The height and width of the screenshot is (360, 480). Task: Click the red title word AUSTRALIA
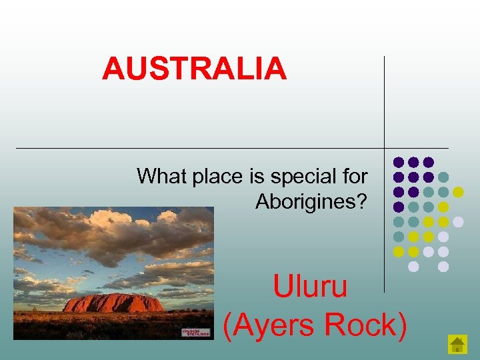click(x=194, y=69)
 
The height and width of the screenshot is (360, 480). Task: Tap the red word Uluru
click(x=310, y=287)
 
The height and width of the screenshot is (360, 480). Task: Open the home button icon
click(x=457, y=343)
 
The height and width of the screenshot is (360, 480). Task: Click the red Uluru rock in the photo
click(x=113, y=303)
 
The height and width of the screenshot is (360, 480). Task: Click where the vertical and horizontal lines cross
click(x=385, y=147)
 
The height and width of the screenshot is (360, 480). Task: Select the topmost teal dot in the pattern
click(x=443, y=177)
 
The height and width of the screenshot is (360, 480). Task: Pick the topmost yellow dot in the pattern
click(x=458, y=192)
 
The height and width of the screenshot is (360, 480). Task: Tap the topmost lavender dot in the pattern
click(x=458, y=221)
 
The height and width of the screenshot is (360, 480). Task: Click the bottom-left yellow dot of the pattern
click(x=398, y=251)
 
